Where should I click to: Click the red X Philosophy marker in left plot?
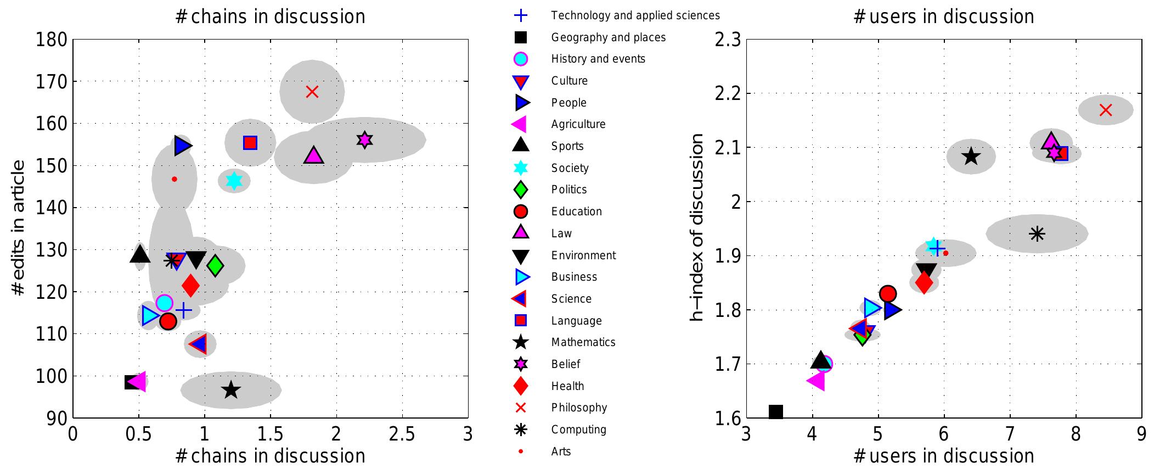[x=312, y=92]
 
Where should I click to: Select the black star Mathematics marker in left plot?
[x=231, y=390]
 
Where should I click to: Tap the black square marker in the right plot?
[x=775, y=411]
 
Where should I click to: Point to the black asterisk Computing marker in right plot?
[x=1037, y=233]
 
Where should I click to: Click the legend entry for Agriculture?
[x=578, y=124]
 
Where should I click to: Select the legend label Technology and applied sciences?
[x=635, y=15]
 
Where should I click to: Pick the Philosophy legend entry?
[x=579, y=408]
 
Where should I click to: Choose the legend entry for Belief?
[x=565, y=364]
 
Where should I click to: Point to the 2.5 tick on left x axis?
[x=402, y=434]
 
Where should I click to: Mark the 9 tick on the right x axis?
[x=1141, y=434]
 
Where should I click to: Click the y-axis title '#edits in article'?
[x=19, y=228]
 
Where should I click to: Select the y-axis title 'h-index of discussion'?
[x=696, y=228]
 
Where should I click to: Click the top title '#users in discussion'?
[x=943, y=16]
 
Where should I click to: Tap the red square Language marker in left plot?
[x=250, y=143]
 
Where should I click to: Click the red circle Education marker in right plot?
[x=888, y=294]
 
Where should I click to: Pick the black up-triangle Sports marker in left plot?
[x=140, y=254]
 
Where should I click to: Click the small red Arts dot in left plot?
[x=174, y=179]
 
